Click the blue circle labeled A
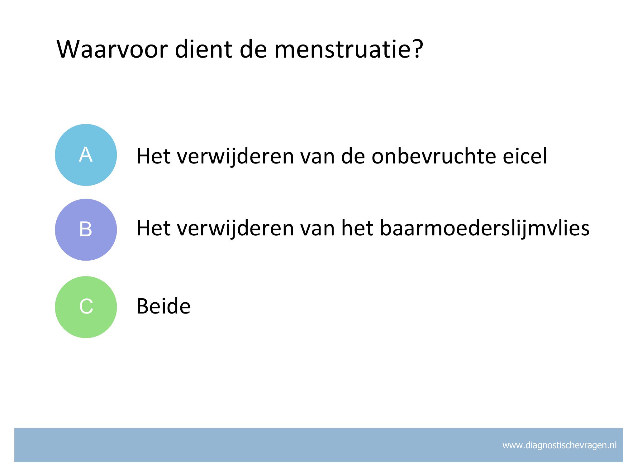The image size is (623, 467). click(x=86, y=155)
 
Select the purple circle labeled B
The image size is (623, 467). click(x=86, y=230)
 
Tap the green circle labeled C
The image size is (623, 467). click(x=86, y=307)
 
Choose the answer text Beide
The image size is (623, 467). click(x=164, y=306)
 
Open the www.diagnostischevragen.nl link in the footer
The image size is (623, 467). click(x=559, y=446)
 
